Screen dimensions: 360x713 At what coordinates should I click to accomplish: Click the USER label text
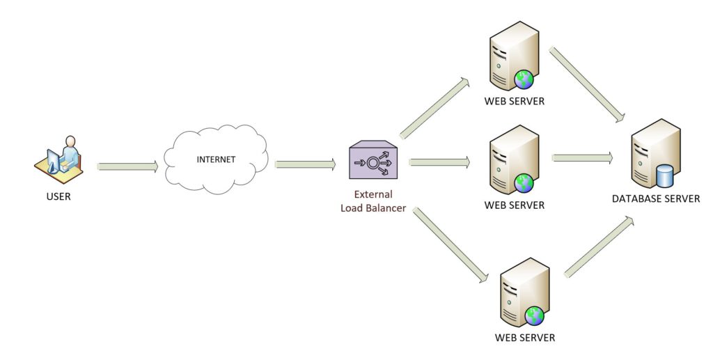58,197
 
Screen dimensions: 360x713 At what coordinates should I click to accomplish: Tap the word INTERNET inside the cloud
216,159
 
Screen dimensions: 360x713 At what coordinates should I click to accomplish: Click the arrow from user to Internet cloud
128,166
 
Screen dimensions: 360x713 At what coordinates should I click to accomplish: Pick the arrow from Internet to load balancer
305,165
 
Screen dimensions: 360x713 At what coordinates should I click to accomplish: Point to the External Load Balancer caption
373,201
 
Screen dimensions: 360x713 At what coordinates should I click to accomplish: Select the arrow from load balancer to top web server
435,108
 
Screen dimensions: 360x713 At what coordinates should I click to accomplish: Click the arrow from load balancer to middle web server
439,162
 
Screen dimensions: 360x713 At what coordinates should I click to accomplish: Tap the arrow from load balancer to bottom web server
448,244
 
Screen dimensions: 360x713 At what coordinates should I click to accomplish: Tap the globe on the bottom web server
534,316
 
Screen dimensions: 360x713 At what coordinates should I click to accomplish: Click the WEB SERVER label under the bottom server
525,338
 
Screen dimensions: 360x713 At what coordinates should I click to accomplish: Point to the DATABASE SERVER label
656,198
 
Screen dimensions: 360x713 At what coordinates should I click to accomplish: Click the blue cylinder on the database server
665,175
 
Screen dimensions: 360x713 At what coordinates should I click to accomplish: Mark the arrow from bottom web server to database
598,247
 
